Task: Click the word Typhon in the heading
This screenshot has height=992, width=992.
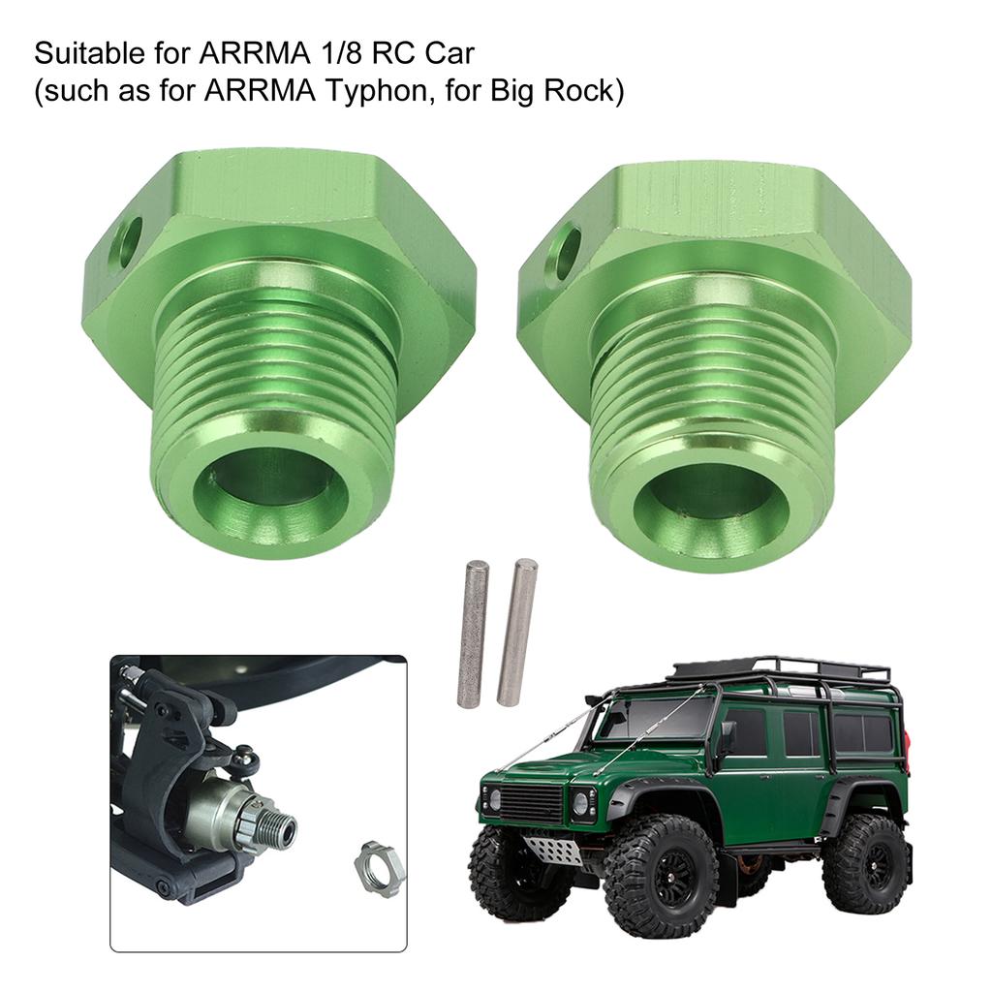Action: (377, 90)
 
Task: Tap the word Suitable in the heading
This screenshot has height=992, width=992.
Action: (89, 53)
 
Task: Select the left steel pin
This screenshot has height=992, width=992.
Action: (473, 632)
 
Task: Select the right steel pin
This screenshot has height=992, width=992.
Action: (517, 632)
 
